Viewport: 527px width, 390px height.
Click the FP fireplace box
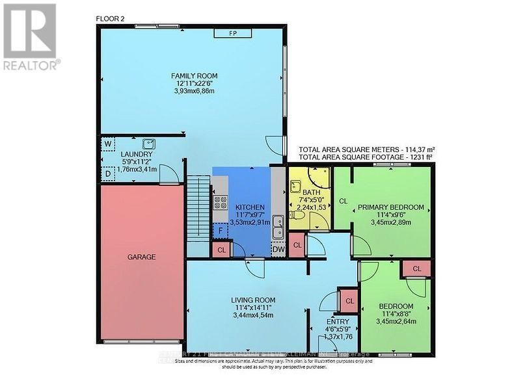click(x=232, y=32)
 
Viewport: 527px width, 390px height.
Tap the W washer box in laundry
click(x=107, y=143)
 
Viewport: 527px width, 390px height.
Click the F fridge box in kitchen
click(x=221, y=230)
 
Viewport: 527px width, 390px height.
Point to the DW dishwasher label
click(x=278, y=248)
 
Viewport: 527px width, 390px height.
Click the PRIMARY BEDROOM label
click(x=391, y=207)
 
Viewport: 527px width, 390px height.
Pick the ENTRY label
click(x=338, y=321)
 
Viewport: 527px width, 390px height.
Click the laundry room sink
click(x=150, y=142)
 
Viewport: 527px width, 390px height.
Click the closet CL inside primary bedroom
click(x=343, y=201)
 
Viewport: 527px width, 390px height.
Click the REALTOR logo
click(x=31, y=36)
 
